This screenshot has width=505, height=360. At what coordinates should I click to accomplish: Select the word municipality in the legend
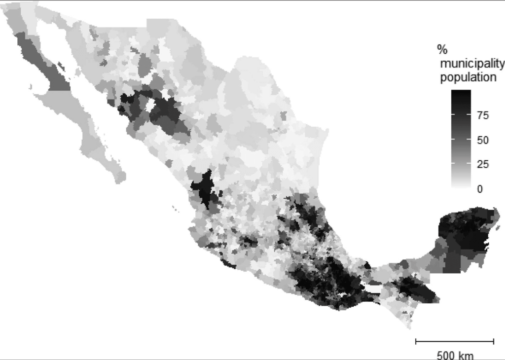pos(472,64)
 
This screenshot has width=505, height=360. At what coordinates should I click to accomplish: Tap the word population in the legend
pos(468,77)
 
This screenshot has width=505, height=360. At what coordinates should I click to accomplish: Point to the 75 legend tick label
pos(483,115)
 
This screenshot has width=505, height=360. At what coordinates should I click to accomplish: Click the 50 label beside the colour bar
pos(483,140)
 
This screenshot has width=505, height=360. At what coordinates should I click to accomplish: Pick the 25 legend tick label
pos(483,164)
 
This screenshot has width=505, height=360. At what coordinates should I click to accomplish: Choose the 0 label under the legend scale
pos(480,189)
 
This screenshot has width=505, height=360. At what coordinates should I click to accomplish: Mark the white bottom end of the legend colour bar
pos(461,185)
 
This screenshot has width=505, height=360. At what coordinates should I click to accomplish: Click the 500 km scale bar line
pos(454,341)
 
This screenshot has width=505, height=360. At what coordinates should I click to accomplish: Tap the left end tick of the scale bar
pos(416,341)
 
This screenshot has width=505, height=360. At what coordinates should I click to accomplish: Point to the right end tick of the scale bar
pos(493,341)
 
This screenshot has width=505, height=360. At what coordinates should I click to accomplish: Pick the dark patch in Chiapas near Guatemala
pos(414,288)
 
